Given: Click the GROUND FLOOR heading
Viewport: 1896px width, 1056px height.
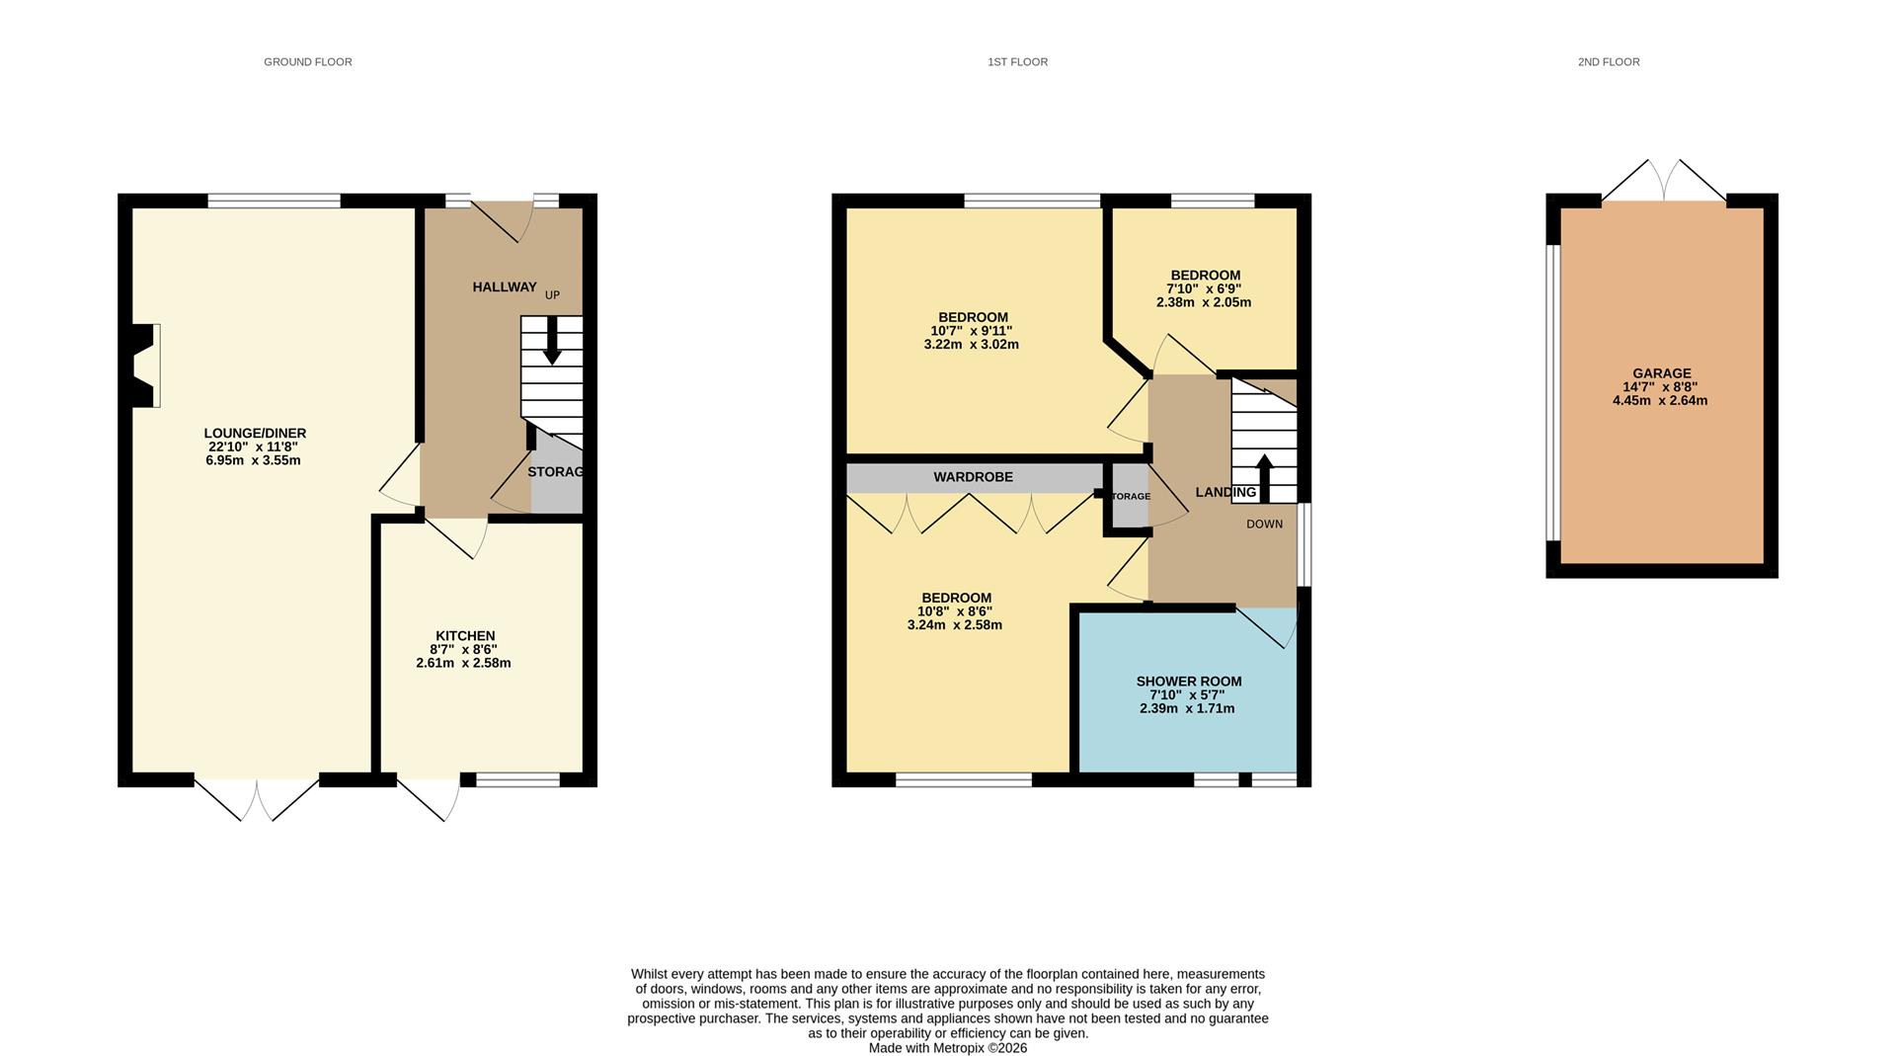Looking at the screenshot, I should click(307, 62).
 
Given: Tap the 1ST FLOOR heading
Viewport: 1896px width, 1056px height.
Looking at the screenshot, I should click(1017, 62).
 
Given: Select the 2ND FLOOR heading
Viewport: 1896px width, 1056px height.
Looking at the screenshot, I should click(1608, 62).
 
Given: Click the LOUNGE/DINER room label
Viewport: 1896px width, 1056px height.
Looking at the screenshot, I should click(255, 433).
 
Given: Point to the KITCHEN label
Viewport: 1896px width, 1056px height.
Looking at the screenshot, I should click(465, 636).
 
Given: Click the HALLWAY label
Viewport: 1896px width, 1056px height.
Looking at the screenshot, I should click(504, 287).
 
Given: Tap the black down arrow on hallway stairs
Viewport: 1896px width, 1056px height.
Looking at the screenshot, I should click(552, 341).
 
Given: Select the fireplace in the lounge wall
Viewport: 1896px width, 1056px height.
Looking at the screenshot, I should click(144, 366).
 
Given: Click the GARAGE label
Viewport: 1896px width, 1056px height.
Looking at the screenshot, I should click(1661, 374).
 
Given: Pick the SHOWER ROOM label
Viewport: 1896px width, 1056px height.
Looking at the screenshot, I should click(1188, 682).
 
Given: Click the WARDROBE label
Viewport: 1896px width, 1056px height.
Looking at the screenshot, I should click(973, 477).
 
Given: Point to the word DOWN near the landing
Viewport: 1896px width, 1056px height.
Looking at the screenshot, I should click(1264, 525).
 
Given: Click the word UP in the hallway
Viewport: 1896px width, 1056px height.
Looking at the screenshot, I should click(552, 295).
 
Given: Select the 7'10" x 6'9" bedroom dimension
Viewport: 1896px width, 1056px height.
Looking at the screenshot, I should click(1203, 289).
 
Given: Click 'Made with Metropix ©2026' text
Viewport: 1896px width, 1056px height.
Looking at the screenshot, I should click(947, 1048).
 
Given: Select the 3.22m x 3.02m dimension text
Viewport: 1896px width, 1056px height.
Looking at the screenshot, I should click(971, 345).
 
